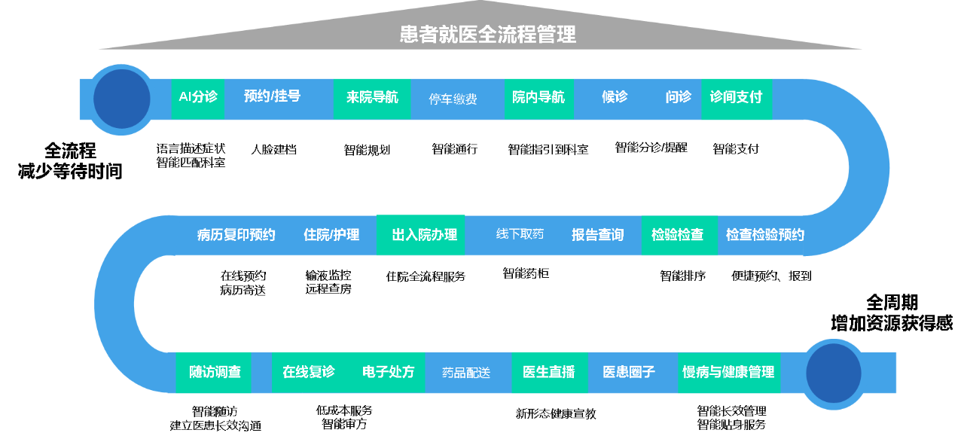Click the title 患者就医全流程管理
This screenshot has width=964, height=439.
[x=487, y=35]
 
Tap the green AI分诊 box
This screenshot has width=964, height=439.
[x=197, y=98]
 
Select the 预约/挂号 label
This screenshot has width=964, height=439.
[x=272, y=96]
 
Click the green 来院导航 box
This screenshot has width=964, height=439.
[x=372, y=98]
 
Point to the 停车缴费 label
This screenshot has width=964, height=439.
[x=453, y=99]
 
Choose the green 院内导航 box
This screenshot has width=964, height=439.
[x=538, y=98]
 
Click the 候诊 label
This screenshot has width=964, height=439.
[x=615, y=97]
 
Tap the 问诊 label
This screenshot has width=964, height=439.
[x=678, y=97]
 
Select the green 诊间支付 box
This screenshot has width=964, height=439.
[x=736, y=98]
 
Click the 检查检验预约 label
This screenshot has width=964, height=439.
[x=764, y=235]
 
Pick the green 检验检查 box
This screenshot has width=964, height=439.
[x=678, y=235]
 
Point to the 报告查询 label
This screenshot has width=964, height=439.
[x=597, y=235]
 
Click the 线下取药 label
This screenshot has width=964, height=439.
[x=520, y=234]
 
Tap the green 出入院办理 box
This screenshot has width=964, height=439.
[x=421, y=235]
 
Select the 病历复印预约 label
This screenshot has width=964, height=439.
[x=236, y=235]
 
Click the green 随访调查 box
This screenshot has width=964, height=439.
[x=214, y=372]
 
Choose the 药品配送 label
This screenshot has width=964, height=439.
[x=465, y=373]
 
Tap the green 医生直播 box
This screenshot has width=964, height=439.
[x=549, y=372]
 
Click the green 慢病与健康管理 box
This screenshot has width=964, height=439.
[x=728, y=372]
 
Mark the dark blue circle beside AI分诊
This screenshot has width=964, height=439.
[x=121, y=99]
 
